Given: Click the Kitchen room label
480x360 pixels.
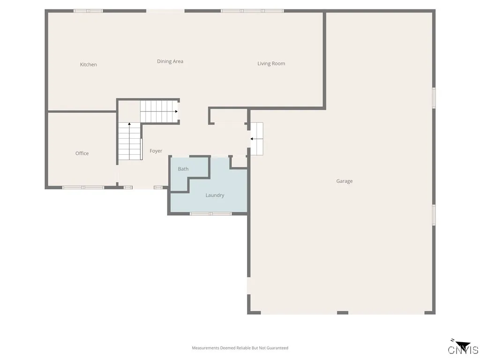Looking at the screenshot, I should coord(88,65).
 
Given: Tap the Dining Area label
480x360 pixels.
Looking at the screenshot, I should coord(170,61).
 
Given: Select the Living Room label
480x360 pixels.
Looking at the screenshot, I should coord(271,64).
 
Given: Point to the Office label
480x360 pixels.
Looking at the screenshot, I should coord(82,153).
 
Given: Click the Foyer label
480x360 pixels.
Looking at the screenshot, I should coord(156,151).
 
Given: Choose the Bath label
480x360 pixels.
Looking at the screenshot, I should coord(183,169).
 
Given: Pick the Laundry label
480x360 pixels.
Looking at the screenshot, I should coord(215,195).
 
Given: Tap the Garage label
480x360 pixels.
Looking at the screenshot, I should coord(344,181).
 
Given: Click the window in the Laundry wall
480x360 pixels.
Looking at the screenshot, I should coord(210,214).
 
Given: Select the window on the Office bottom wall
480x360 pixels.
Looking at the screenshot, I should coord(83,187).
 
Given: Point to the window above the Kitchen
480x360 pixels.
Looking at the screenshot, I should coord(88,11).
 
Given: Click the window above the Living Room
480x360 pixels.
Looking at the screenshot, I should coord(252,11).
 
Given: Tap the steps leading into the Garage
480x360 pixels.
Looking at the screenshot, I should coord(257,139).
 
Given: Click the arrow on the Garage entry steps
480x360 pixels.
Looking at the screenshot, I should coord(252,139).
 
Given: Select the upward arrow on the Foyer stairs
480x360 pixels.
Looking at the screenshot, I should coord(129,125).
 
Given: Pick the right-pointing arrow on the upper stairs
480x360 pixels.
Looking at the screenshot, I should coord(176,112).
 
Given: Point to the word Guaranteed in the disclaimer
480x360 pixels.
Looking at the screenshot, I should coord(277,348).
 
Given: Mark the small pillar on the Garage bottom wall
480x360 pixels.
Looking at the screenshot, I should coord(343,313).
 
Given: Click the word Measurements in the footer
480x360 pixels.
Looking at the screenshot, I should coord(206,348).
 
